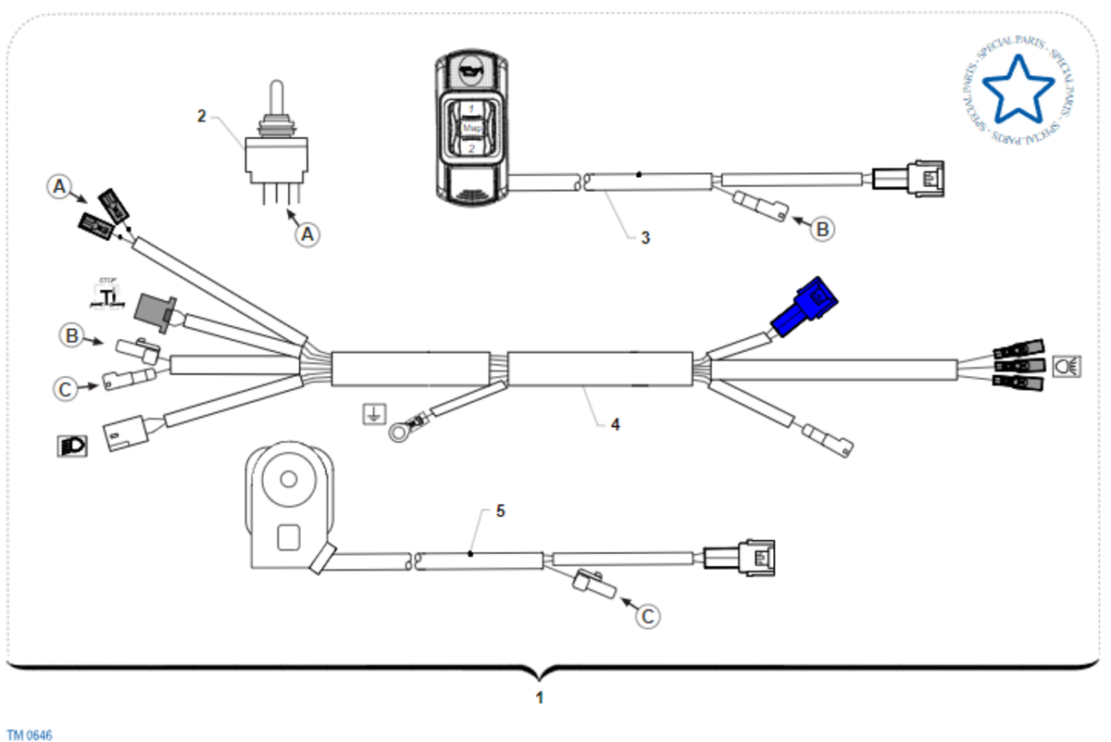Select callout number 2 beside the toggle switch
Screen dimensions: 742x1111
click(x=202, y=116)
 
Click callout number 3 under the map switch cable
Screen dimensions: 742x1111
click(x=645, y=237)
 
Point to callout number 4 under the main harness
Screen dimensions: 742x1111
click(x=614, y=424)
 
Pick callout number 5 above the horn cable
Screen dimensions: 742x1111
click(x=501, y=510)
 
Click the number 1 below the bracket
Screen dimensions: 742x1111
click(x=540, y=698)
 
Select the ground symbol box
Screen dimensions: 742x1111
click(x=373, y=414)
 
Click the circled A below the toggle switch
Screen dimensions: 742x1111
click(x=308, y=234)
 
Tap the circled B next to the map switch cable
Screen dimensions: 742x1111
click(x=822, y=228)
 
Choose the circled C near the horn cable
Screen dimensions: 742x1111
click(x=650, y=615)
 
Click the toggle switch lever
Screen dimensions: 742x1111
click(x=275, y=98)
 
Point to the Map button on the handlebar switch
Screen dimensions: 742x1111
click(x=469, y=128)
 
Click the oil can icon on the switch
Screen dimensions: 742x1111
click(x=469, y=69)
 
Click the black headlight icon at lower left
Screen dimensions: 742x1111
click(x=72, y=446)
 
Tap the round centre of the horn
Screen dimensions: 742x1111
click(x=290, y=479)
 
